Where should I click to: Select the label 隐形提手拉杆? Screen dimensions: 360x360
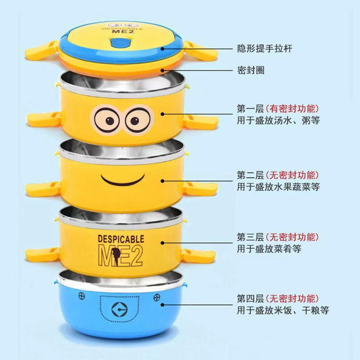pos(265,48)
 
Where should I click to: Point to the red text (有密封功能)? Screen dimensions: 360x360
pos(293,108)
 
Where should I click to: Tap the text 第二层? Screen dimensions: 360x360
pos(249,175)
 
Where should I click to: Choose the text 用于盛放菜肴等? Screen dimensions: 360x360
pos(270,248)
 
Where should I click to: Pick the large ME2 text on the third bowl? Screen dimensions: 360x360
pos(121,255)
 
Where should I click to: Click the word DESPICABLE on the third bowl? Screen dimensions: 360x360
pos(121,238)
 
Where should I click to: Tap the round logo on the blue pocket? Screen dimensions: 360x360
pos(121,310)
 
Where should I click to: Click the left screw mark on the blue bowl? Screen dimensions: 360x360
pos(82,296)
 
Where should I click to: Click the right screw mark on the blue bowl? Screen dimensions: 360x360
pos(157,297)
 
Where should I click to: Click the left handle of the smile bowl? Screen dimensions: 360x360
pos(42,189)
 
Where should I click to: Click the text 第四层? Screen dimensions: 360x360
pos(249,298)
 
